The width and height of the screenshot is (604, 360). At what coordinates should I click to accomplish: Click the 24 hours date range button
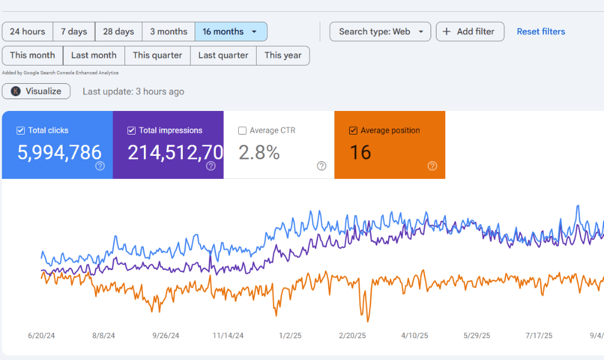28,32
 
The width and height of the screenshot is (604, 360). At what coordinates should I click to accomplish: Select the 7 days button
74,32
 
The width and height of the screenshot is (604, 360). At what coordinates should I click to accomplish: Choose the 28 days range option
119,32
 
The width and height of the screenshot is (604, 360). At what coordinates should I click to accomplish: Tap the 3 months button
169,32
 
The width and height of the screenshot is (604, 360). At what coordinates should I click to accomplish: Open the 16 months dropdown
231,32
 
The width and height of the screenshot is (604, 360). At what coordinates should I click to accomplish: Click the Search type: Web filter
380,32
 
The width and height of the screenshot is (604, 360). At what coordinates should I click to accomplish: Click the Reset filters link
541,32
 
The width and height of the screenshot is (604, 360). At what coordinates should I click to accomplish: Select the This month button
32,55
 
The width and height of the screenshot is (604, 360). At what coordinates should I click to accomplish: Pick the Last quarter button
224,55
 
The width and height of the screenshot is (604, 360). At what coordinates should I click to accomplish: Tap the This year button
283,55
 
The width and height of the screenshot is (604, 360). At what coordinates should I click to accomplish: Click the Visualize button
37,91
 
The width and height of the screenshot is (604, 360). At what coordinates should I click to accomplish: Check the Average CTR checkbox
242,130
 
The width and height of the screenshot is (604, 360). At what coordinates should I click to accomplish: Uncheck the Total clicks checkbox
21,130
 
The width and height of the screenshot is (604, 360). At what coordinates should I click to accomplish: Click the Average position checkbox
353,130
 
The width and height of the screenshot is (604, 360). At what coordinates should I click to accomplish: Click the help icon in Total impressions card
211,166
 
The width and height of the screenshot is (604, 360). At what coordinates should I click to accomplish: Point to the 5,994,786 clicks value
59,153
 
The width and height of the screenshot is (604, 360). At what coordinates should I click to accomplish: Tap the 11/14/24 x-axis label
228,335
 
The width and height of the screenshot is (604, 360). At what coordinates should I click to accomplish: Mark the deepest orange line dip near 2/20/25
367,321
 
